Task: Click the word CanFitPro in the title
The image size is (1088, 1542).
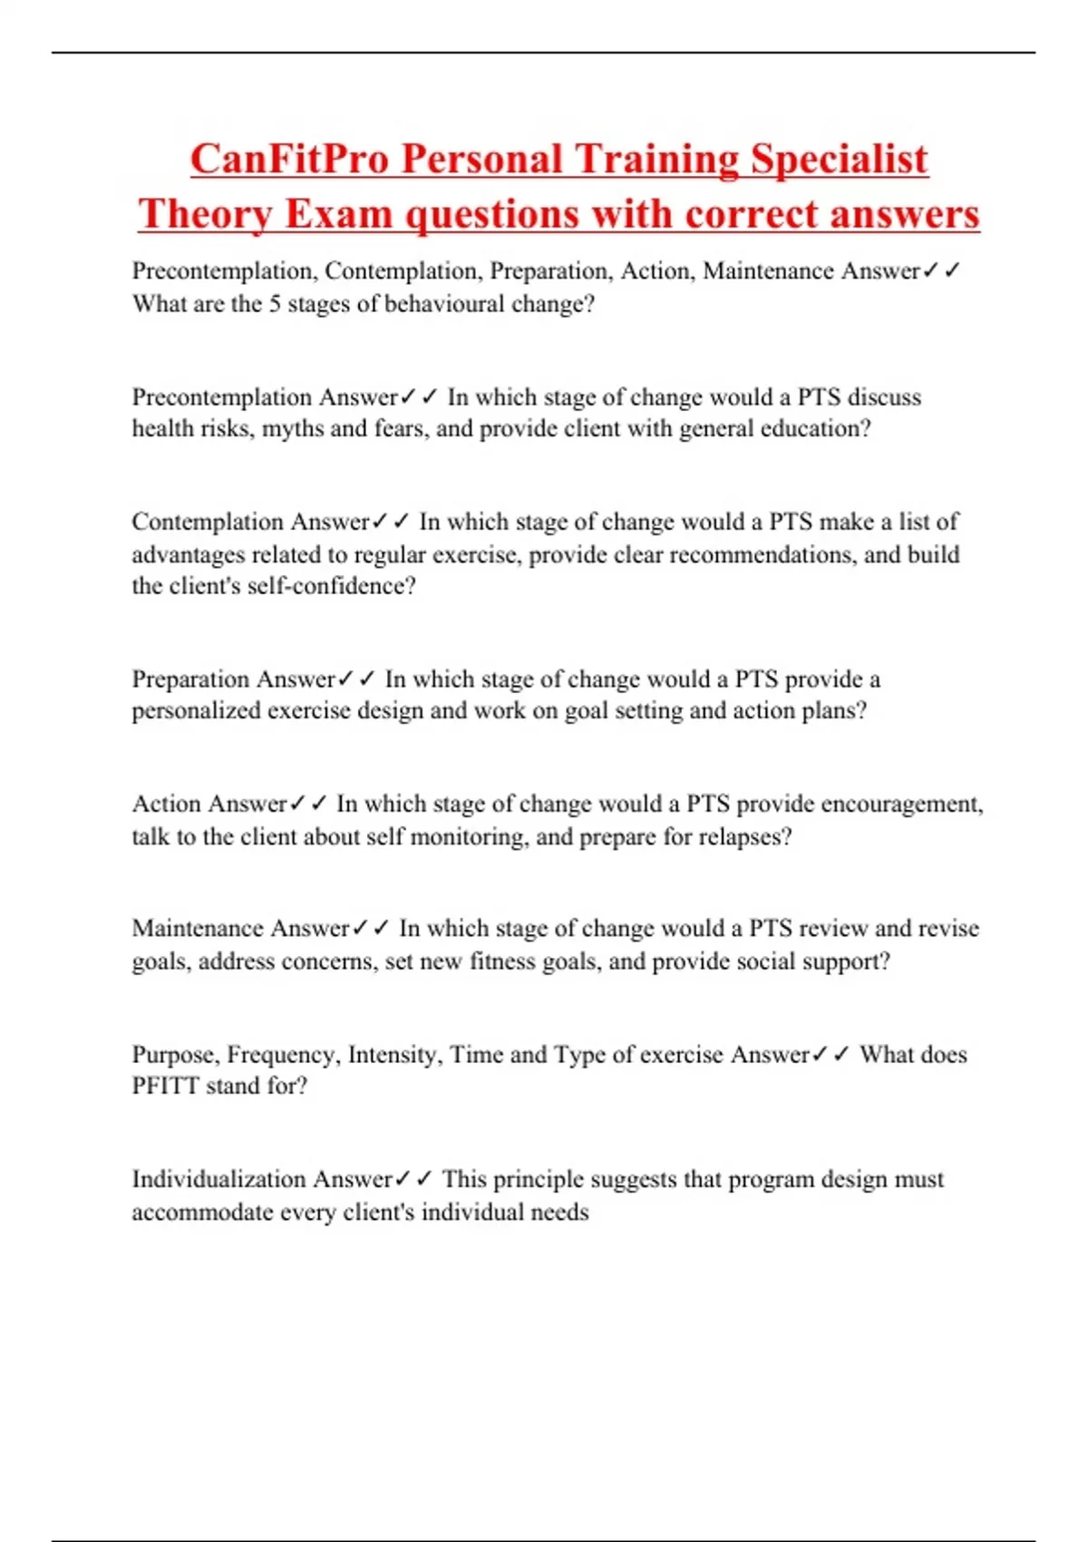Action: point(288,159)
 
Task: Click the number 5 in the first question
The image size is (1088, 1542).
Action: point(275,304)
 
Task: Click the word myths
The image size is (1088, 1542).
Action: point(292,428)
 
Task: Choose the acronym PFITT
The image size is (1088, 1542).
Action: point(165,1086)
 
